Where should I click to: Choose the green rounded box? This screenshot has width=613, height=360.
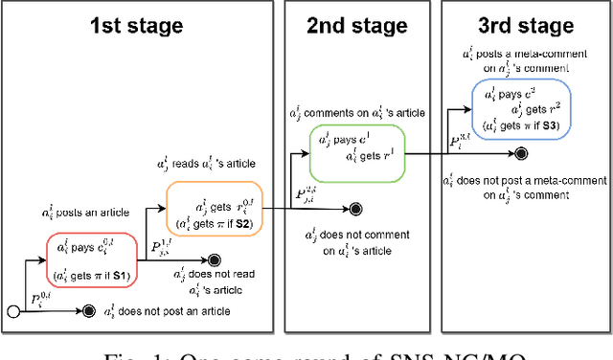[x=356, y=150]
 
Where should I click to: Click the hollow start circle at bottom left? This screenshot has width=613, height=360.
[x=12, y=311]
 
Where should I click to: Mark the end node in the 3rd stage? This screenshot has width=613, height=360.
[x=520, y=154]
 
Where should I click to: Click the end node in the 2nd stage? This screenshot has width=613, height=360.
[x=355, y=208]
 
